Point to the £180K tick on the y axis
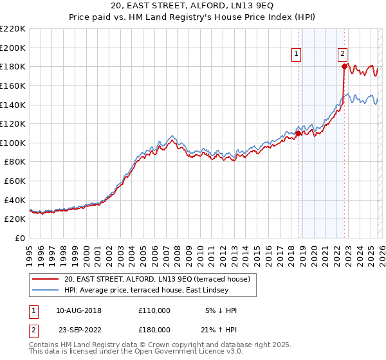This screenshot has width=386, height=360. tap(13, 66)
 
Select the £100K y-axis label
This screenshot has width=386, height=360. tap(13, 143)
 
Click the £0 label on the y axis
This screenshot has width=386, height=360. tap(20, 239)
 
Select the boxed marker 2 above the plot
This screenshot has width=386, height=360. tap(344, 55)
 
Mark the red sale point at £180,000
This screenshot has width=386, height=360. tap(344, 66)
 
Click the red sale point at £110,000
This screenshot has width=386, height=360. tap(297, 133)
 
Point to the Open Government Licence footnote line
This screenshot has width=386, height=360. tap(136, 352)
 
